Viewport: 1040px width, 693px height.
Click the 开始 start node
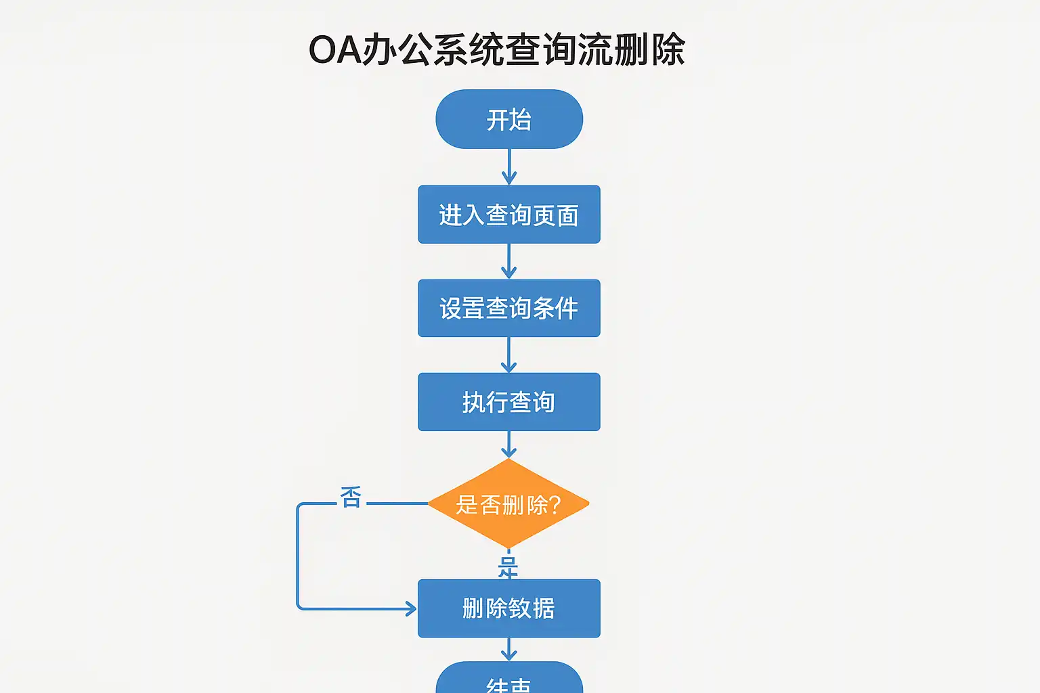click(509, 119)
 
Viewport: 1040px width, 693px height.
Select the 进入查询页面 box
click(509, 215)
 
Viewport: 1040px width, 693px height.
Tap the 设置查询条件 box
click(509, 308)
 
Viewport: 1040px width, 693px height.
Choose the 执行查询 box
click(509, 402)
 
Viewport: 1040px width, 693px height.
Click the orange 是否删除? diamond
click(508, 504)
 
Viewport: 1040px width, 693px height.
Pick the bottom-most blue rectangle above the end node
click(509, 608)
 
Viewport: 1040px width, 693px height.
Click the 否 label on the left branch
click(351, 497)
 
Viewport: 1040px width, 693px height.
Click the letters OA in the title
click(334, 50)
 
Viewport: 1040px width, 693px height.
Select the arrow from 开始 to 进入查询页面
click(509, 166)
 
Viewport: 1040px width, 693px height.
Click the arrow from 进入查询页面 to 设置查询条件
click(509, 261)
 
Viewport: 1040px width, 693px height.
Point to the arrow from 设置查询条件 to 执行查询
click(509, 355)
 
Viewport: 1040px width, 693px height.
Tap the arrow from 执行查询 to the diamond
click(509, 444)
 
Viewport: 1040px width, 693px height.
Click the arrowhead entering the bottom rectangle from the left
click(410, 608)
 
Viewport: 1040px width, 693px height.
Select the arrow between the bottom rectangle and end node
click(509, 649)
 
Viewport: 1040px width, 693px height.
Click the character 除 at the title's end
click(668, 50)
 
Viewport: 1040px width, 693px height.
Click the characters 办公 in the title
click(397, 50)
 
